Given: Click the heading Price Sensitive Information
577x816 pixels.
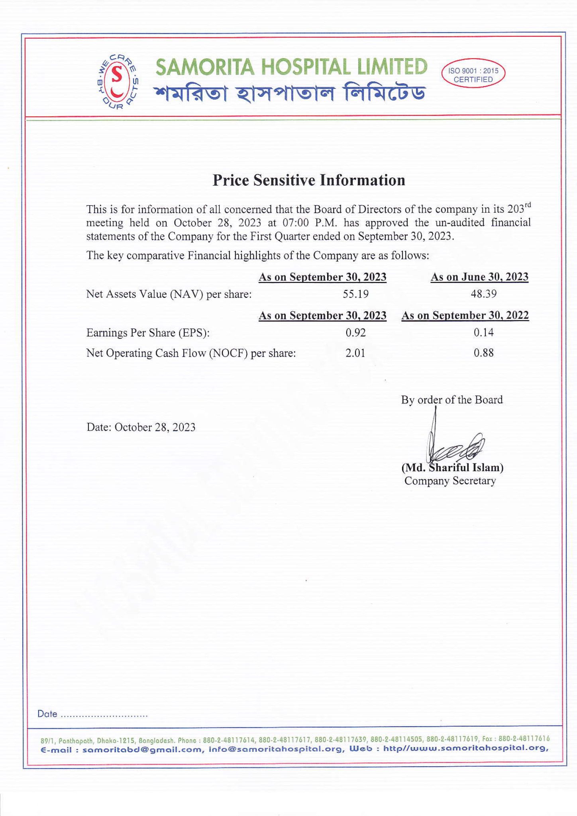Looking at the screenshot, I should tap(309, 180).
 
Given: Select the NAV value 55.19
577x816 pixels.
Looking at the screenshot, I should tap(355, 294).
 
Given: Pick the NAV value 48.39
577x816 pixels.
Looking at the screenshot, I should tap(483, 294).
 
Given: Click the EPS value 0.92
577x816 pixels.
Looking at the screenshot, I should tap(355, 333).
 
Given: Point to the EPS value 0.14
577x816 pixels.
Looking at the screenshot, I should tap(483, 333).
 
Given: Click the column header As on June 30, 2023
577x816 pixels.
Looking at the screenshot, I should tap(479, 277).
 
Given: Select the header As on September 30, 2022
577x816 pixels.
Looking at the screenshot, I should tap(465, 316).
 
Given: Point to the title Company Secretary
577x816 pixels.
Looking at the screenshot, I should tap(450, 481).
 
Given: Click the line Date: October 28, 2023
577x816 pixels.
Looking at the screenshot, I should tap(141, 428).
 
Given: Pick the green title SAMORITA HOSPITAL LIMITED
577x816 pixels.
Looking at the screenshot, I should tap(291, 67).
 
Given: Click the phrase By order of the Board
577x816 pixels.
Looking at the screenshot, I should tap(452, 400).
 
